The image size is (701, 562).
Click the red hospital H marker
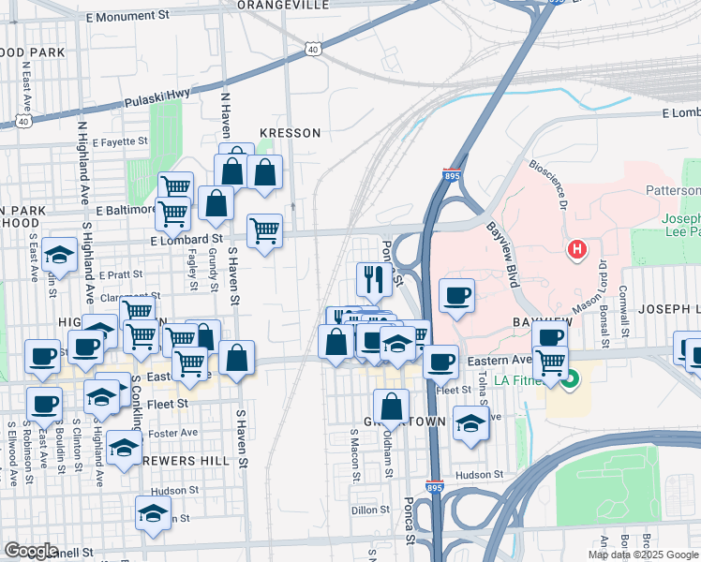(x=577, y=249)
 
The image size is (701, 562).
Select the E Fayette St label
(x=116, y=141)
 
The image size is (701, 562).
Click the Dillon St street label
(x=370, y=510)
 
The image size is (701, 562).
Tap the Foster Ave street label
(x=177, y=433)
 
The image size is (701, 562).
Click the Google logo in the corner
(x=31, y=551)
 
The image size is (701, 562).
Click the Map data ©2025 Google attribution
(x=643, y=555)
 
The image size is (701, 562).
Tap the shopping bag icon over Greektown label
(x=392, y=407)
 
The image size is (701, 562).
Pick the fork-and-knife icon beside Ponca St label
(x=373, y=277)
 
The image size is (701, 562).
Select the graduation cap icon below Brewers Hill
(x=154, y=514)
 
